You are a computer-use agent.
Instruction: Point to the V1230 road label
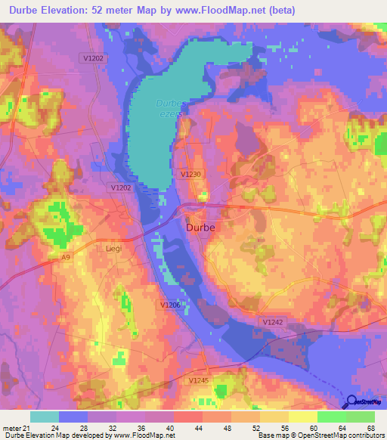(191, 174)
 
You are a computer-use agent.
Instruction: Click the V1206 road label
(171, 304)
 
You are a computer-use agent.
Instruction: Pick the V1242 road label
(274, 322)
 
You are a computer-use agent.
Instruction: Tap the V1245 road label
(200, 380)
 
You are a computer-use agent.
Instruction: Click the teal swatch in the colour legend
(45, 416)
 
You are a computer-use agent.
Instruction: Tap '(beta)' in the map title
(277, 11)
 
